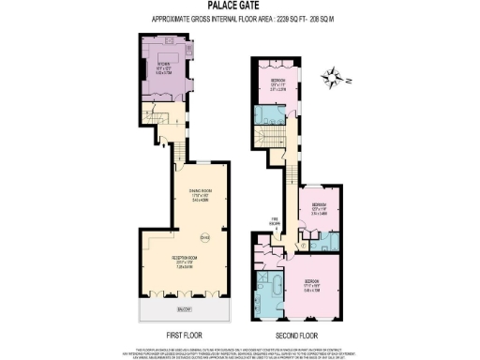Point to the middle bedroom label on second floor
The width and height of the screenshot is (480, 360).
tap(319, 207)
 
